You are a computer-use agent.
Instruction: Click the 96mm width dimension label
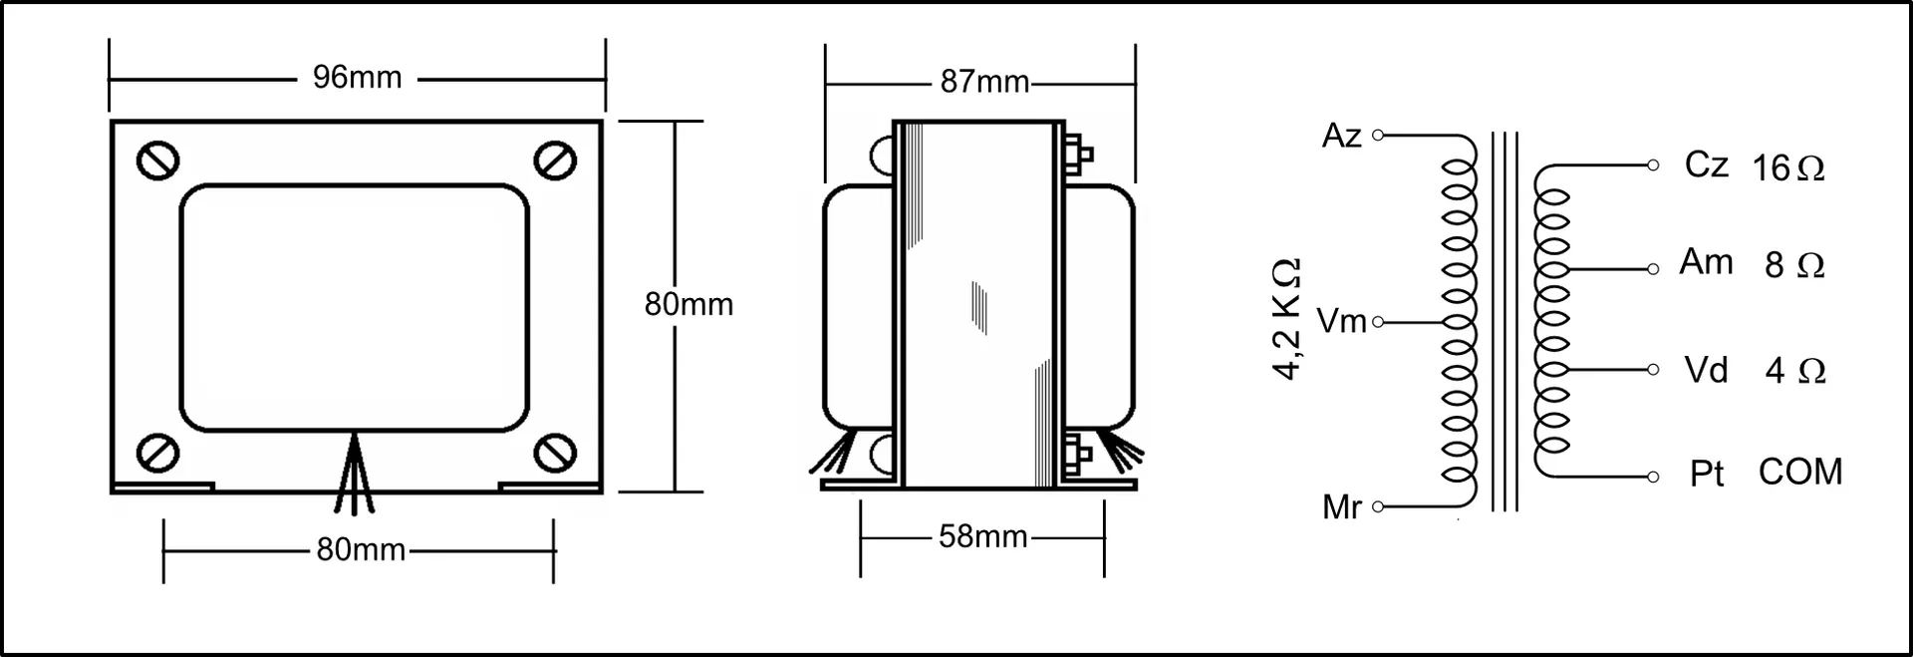click(357, 78)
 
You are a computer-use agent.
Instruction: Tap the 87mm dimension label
click(984, 82)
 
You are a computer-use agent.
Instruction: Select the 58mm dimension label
click(982, 536)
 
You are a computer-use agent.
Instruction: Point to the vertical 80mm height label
click(688, 304)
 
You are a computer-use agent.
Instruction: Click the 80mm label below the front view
click(361, 549)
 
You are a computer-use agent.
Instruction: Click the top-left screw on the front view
click(157, 161)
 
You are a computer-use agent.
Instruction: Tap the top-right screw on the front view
click(555, 161)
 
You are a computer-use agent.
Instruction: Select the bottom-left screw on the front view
click(157, 452)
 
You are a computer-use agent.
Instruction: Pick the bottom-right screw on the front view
click(555, 452)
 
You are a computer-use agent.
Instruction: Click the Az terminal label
click(1341, 136)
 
